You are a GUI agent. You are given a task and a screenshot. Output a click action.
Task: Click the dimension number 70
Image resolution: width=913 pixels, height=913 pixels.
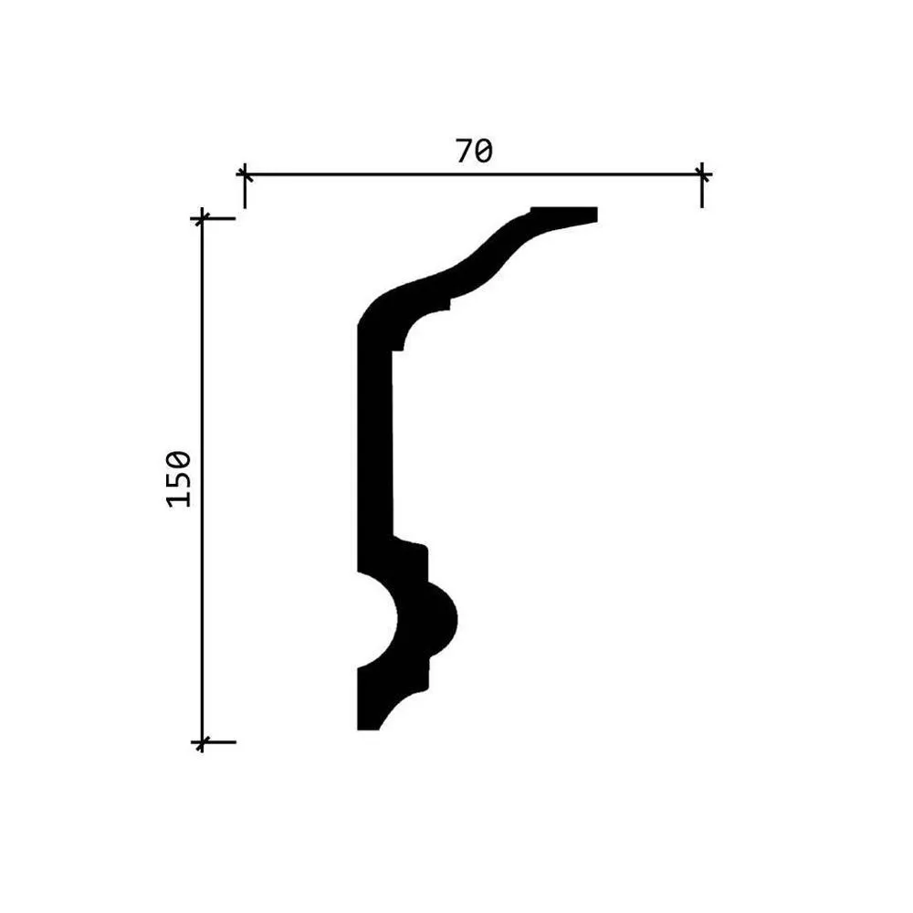point(474,152)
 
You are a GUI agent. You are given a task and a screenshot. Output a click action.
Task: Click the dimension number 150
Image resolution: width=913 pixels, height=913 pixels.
point(179,478)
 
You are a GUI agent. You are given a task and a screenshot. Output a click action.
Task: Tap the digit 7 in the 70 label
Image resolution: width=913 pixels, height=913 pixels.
point(465,152)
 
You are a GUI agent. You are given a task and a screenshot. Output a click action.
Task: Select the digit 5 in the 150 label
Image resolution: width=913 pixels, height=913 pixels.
point(179,478)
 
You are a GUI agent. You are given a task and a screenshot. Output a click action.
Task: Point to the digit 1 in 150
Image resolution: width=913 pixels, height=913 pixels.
point(179,499)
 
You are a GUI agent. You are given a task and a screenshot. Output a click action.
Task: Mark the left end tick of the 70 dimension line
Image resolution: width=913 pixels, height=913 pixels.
point(245,174)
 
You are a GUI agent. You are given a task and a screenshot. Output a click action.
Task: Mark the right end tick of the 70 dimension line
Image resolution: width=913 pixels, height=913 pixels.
point(702,174)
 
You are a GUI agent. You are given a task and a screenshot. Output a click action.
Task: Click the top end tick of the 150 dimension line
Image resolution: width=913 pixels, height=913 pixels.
point(202,219)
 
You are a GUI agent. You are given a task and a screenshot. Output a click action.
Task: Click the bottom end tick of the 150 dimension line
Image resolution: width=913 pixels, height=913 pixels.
point(202,742)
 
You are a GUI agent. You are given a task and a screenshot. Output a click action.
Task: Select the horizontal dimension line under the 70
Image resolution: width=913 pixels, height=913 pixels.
point(473,174)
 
